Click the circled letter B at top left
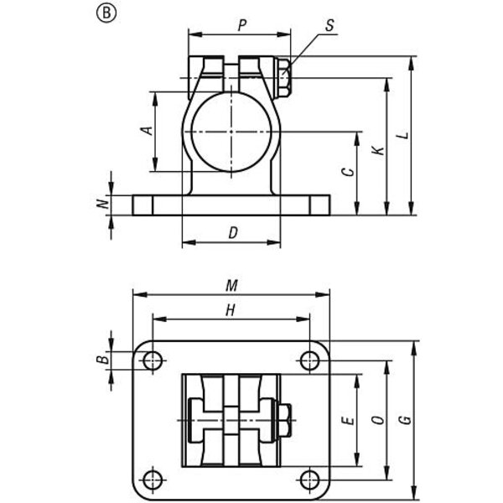tap(106, 13)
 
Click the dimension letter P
tap(242, 25)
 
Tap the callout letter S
tap(329, 26)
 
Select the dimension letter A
tap(147, 131)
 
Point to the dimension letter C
tap(349, 172)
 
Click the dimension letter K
tap(379, 150)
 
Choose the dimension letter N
tap(102, 204)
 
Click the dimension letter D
tap(233, 233)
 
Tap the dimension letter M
tap(231, 285)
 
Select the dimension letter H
tap(231, 310)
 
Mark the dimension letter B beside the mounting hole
tap(102, 360)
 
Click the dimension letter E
tap(349, 420)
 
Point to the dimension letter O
tap(378, 420)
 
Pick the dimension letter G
tap(406, 420)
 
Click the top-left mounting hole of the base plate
tap(153, 360)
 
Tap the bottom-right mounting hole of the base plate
tap(309, 480)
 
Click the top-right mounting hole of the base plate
tap(309, 360)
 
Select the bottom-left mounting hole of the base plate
tap(153, 480)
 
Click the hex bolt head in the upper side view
tap(284, 78)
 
